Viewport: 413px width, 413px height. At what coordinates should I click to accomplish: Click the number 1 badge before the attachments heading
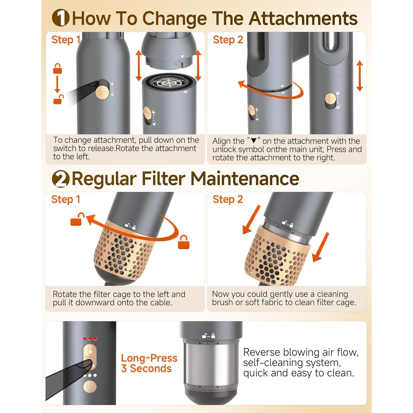click(x=61, y=18)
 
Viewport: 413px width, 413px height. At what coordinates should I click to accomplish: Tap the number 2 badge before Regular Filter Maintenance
click(x=61, y=179)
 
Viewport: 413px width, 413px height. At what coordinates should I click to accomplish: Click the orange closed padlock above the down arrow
click(x=58, y=69)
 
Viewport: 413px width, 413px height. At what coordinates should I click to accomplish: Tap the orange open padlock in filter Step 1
click(x=77, y=219)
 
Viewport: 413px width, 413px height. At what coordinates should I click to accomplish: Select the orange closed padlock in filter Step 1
click(x=184, y=242)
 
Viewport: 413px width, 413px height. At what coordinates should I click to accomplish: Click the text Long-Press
click(x=149, y=358)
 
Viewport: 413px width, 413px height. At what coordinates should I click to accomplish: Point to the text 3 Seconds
click(x=146, y=368)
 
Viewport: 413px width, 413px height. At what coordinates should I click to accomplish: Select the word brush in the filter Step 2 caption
click(x=223, y=302)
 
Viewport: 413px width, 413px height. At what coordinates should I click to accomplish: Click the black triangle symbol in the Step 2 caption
click(x=254, y=141)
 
